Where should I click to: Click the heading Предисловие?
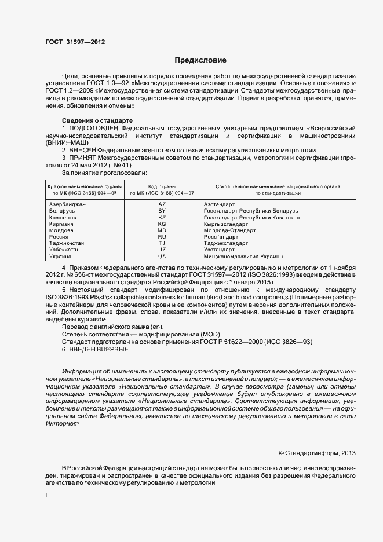coord(200,60)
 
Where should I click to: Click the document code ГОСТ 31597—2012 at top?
coord(75,42)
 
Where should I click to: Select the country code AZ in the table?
coord(162,204)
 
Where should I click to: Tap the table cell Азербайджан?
coord(67,204)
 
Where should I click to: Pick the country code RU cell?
coord(162,237)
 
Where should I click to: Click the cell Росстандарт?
coord(220,237)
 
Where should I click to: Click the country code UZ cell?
coord(162,250)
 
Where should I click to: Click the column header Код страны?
coord(162,186)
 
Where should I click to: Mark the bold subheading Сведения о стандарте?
coord(97,120)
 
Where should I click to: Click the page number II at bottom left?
coord(47,495)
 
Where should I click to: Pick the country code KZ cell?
coord(162,217)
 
